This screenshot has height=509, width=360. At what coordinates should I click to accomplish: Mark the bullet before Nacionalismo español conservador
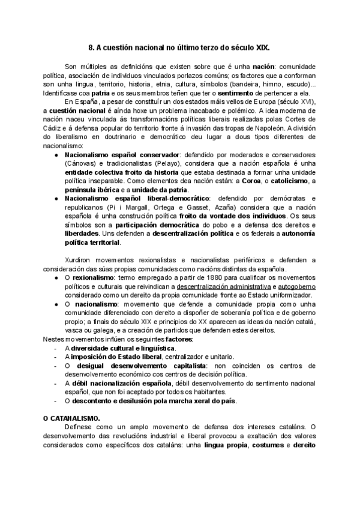[56, 155]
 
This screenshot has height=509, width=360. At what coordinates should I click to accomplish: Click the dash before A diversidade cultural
[56, 348]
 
